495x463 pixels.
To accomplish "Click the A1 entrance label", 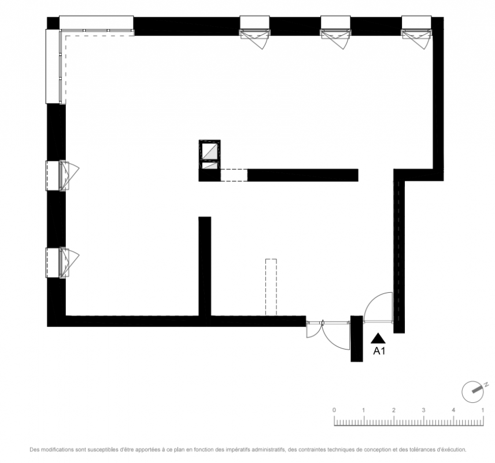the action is coord(379,351).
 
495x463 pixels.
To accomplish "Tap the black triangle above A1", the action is coord(378,339).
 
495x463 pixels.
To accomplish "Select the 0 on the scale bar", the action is coord(334,410).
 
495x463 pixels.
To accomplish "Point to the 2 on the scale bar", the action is coord(394,410).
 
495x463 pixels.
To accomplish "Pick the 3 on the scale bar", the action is coord(423,410).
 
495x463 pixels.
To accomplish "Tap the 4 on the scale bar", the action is coord(453,410).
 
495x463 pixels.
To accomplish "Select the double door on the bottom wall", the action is coord(328,335).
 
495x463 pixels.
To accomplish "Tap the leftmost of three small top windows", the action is coord(255,32).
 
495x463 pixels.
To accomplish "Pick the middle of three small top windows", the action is coord(336,32).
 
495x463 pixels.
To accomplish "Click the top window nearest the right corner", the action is coord(416,32).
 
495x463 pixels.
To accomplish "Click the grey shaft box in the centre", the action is coord(209,155).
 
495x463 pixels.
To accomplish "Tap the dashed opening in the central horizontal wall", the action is coord(234,175).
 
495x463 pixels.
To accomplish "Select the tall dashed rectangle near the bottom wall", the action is coord(271,287).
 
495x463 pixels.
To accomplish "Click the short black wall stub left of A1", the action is coord(357,339).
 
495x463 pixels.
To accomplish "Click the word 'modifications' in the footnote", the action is coord(58,449).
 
